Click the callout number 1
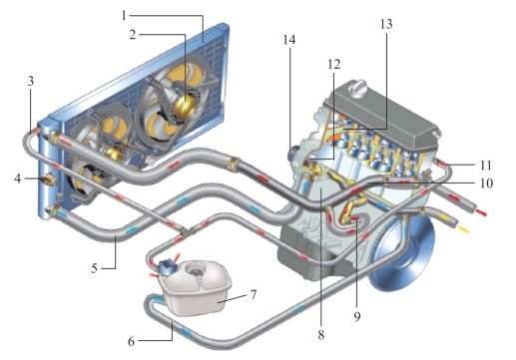coord(124,15)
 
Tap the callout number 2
coord(133,35)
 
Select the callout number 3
coord(31,81)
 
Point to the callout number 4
coord(17,179)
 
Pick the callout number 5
coord(95,268)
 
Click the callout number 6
coord(132,341)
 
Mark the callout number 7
coord(254,294)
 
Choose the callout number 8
coord(320,335)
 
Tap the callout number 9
coord(357,316)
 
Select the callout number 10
coord(486,182)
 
